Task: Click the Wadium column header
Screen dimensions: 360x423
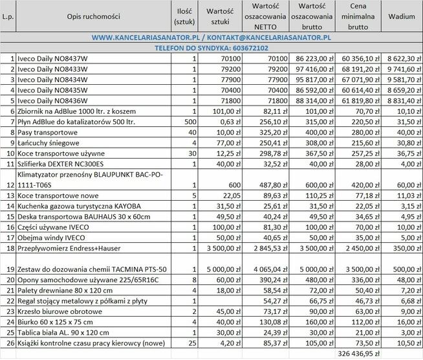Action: [402, 15]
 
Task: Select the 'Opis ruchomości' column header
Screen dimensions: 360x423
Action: [93, 15]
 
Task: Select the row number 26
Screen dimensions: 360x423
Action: [8, 343]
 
